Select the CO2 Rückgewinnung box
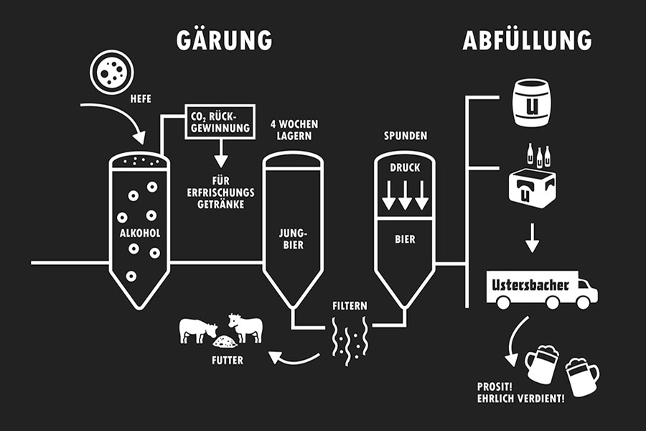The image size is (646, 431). (220, 123)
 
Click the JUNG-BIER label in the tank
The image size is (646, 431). (293, 238)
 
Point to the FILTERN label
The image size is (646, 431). (350, 305)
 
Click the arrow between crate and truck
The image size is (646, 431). (532, 238)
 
